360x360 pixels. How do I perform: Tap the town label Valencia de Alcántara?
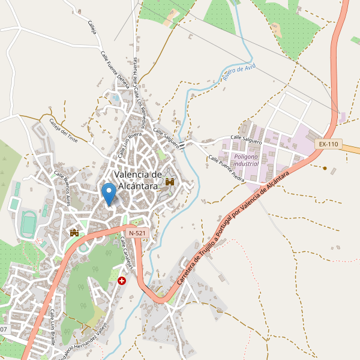click(137, 180)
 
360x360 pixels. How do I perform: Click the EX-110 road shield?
click(328, 144)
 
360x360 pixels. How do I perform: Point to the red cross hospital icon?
click(122, 280)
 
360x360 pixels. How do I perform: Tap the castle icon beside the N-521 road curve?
click(75, 232)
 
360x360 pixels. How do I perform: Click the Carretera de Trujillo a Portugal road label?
click(234, 228)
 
